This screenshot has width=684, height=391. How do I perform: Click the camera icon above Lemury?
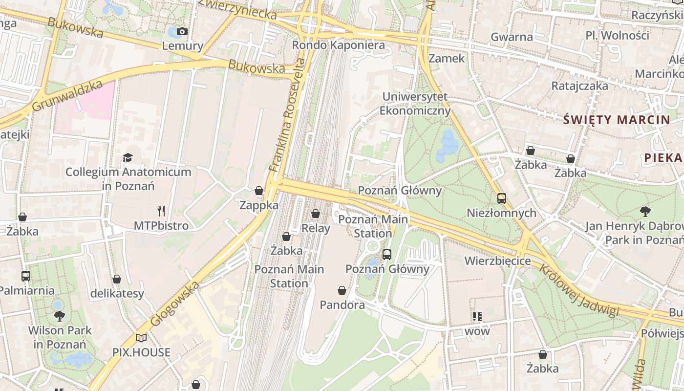(x=182, y=32)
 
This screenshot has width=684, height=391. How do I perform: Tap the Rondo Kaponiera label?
(x=338, y=45)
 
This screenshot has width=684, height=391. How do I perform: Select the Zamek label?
(x=447, y=58)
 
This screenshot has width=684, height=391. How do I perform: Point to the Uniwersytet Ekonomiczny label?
(x=415, y=104)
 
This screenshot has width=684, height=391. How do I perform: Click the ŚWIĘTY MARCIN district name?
(x=617, y=120)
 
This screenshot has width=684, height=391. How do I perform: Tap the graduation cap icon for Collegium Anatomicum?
(x=128, y=157)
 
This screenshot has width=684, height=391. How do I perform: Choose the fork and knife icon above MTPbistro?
(x=161, y=211)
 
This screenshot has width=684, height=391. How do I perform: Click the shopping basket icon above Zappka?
(x=259, y=191)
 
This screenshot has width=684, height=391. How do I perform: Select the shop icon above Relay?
(x=316, y=214)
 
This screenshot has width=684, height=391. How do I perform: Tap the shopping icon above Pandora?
(x=342, y=290)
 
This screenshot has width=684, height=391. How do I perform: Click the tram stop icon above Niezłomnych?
(x=501, y=198)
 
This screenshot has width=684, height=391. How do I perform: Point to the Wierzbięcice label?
(x=497, y=261)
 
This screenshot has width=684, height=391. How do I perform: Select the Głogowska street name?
(x=175, y=304)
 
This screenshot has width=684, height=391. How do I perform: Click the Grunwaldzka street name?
(x=67, y=96)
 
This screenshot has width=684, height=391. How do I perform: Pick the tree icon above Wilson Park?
(x=60, y=316)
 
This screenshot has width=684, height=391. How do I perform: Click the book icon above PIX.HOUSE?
(x=141, y=338)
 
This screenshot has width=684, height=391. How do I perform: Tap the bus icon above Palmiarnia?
(x=26, y=276)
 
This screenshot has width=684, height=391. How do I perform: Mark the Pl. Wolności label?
(x=618, y=35)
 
